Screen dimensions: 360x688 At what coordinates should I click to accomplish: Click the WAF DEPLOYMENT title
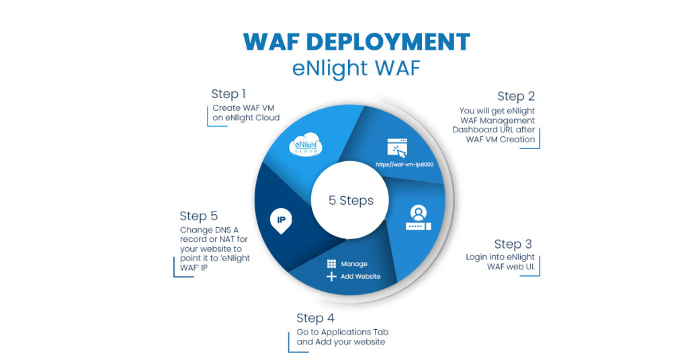(356, 42)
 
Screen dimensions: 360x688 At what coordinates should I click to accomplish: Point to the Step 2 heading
(515, 96)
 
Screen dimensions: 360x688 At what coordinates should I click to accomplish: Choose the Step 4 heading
(315, 318)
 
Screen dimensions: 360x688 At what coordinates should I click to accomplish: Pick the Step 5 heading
(198, 216)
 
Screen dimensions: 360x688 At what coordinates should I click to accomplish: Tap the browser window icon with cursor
(397, 148)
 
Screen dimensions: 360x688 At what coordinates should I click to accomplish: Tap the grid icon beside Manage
(331, 264)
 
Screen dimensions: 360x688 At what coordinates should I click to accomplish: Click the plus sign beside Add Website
(331, 277)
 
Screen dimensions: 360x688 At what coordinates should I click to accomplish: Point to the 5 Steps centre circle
(351, 200)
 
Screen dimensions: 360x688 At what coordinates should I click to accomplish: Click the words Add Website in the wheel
(360, 277)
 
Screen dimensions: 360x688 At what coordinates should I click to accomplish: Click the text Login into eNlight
(501, 257)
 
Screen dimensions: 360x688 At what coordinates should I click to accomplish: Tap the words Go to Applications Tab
(343, 332)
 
